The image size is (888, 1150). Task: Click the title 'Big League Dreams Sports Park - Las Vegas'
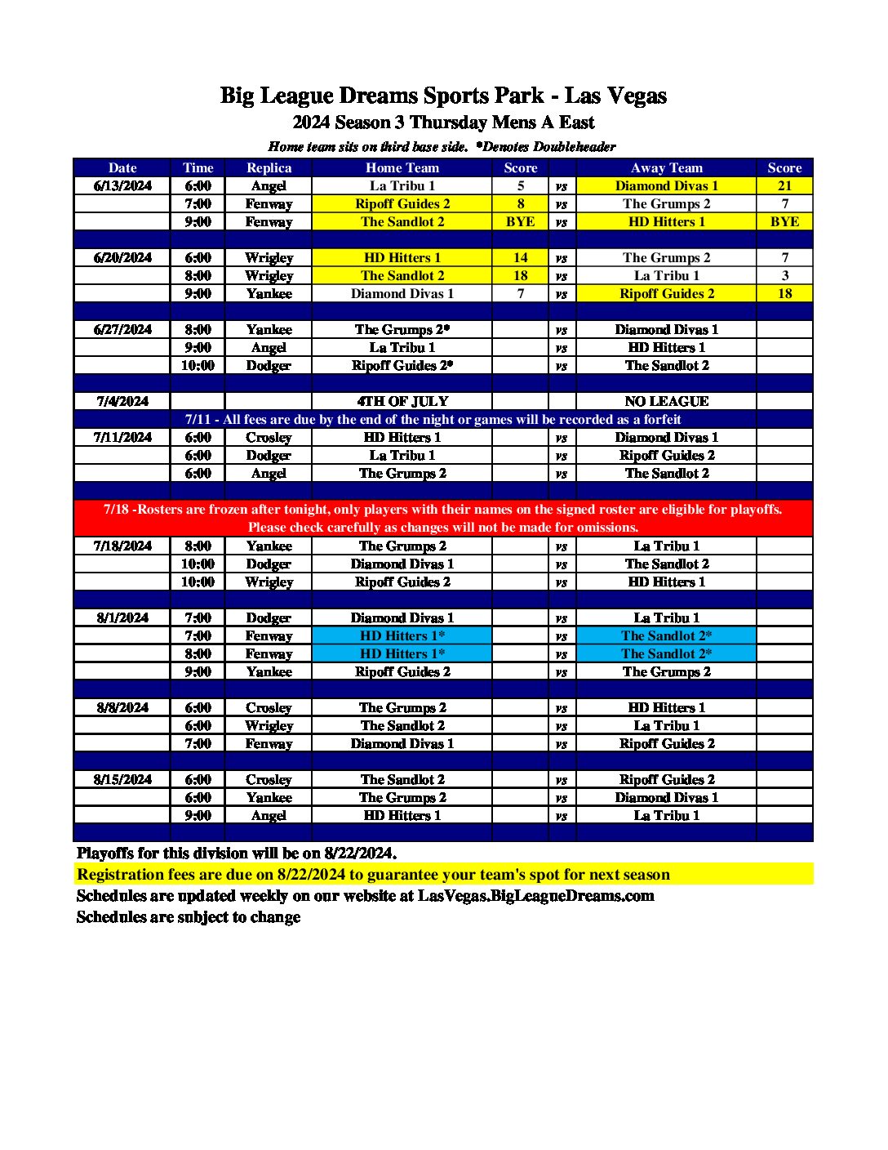click(x=443, y=96)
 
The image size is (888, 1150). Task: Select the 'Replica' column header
click(x=269, y=167)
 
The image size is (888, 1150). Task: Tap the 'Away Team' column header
click(x=666, y=167)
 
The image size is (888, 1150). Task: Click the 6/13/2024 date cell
click(x=122, y=185)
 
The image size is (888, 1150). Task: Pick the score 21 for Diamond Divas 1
click(x=784, y=185)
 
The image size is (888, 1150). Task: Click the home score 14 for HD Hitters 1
click(x=520, y=257)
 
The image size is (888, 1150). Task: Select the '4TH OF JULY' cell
click(x=402, y=401)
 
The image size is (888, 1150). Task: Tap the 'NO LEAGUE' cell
click(x=666, y=401)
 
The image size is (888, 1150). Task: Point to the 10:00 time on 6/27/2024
click(x=198, y=365)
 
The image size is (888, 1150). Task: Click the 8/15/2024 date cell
click(x=122, y=779)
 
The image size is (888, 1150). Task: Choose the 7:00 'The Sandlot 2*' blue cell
click(x=666, y=635)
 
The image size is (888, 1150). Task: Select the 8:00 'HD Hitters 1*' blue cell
click(x=402, y=653)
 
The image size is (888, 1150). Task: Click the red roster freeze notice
click(x=443, y=518)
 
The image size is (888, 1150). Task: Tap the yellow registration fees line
click(x=373, y=874)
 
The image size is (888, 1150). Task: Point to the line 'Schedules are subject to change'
click(x=189, y=916)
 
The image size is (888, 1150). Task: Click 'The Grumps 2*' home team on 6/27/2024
click(x=402, y=329)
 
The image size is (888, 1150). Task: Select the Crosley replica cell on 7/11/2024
click(x=269, y=437)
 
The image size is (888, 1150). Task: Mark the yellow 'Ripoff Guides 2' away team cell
click(x=666, y=293)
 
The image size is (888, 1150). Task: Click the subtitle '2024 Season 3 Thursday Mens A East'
click(x=443, y=123)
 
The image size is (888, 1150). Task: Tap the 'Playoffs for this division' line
click(x=237, y=853)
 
